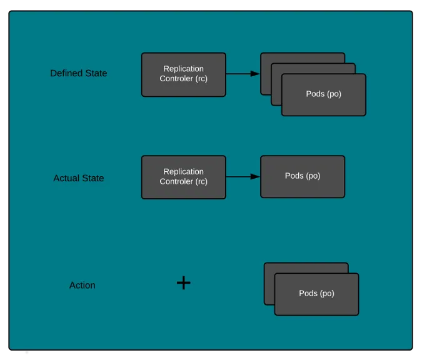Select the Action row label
(82, 285)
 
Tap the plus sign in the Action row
(183, 283)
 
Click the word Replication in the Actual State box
(183, 172)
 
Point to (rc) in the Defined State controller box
(200, 79)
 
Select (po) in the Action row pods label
(327, 293)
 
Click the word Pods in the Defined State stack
(314, 94)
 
